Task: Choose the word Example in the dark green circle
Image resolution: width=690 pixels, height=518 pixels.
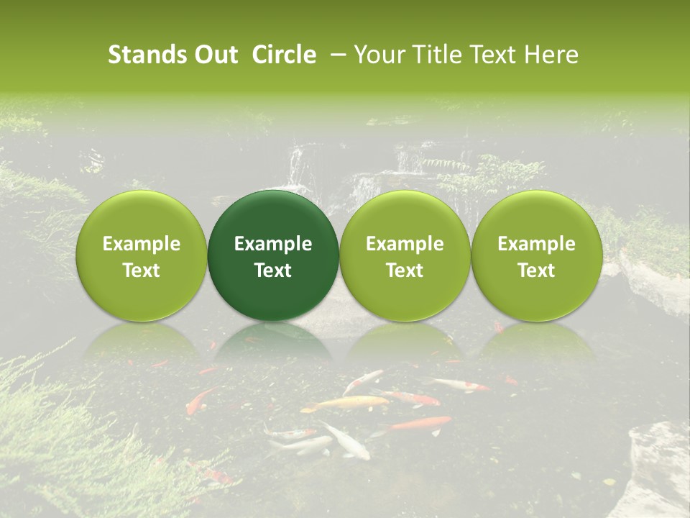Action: [273, 244]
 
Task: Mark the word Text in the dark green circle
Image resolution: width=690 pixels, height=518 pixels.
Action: [273, 271]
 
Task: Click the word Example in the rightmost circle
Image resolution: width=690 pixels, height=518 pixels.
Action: [536, 244]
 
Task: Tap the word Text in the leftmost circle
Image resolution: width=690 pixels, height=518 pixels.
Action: [142, 271]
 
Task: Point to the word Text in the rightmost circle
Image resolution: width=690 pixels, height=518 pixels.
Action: [536, 271]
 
